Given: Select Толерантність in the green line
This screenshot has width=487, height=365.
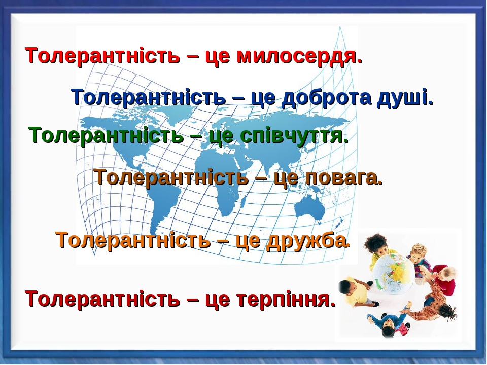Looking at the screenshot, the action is pyautogui.click(x=107, y=135).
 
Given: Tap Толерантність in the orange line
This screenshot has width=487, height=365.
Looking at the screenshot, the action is pyautogui.click(x=133, y=240).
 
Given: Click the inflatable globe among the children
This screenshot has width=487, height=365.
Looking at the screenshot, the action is pyautogui.click(x=393, y=273).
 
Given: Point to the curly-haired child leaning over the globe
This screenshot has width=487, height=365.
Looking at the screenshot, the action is pyautogui.click(x=379, y=248).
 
